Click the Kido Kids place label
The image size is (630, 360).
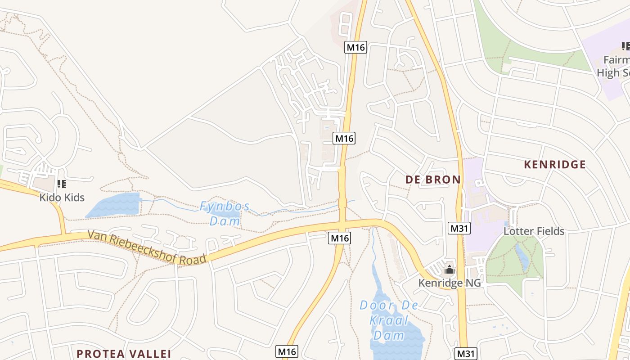click(x=62, y=197)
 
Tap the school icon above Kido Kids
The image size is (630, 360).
click(x=62, y=184)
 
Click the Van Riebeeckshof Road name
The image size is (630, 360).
click(x=147, y=247)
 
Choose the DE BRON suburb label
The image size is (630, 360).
click(x=433, y=180)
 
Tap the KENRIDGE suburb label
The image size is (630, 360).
click(x=554, y=164)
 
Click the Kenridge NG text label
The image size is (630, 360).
click(x=449, y=283)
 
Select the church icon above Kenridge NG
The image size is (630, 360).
click(x=449, y=270)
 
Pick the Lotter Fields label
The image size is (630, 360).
click(x=534, y=231)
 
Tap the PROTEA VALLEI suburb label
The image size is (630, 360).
click(x=124, y=354)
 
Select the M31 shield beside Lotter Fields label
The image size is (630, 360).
click(x=459, y=228)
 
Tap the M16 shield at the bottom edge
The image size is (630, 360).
click(x=287, y=351)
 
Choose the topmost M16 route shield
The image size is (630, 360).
click(x=356, y=47)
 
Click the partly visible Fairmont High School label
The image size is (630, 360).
click(x=614, y=66)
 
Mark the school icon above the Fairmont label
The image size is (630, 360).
click(x=625, y=46)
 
